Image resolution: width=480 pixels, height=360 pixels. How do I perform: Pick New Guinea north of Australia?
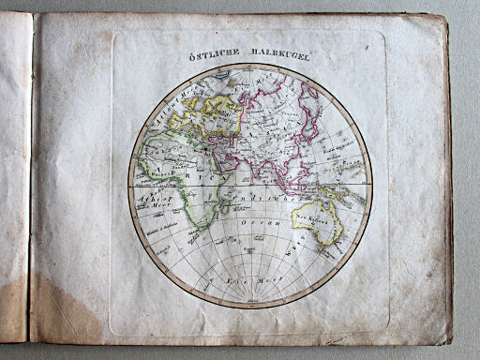pyautogui.click(x=344, y=193)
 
